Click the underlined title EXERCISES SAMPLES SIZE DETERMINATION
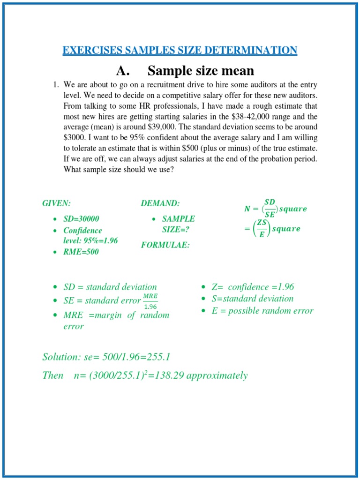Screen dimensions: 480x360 [180, 50]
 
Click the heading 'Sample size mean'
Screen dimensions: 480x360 [201, 71]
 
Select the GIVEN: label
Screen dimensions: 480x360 [56, 203]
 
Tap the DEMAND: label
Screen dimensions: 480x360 [160, 203]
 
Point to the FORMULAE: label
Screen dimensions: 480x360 [165, 245]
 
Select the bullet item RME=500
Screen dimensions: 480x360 [81, 252]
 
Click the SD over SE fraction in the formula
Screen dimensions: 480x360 [270, 208]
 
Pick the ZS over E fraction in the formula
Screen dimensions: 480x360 [262, 229]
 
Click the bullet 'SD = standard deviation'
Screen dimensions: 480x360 [110, 287]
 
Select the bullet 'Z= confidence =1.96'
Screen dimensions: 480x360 [253, 287]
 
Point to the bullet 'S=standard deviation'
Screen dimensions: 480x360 [252, 299]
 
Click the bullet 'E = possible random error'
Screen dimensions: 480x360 [262, 311]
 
